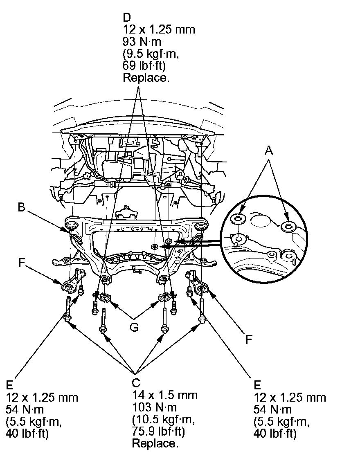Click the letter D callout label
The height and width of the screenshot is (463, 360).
click(x=126, y=18)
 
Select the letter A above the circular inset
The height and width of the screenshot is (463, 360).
click(x=268, y=151)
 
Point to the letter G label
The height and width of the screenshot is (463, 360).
click(x=134, y=328)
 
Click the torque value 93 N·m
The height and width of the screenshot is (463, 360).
click(x=142, y=42)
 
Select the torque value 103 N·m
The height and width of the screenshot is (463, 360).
click(x=155, y=407)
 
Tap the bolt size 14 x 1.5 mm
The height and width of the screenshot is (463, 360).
click(x=164, y=395)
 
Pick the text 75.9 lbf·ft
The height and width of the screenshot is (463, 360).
click(x=159, y=432)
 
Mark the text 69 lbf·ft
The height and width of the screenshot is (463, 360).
click(x=144, y=65)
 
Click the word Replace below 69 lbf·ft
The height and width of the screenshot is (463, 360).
click(x=146, y=78)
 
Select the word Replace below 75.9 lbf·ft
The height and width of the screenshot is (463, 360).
click(x=155, y=443)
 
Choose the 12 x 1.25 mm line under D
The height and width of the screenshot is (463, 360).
click(x=159, y=29)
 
